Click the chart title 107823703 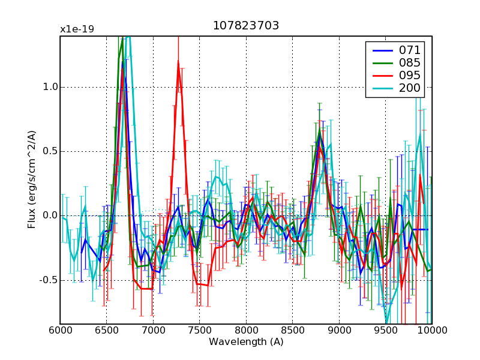[246, 26]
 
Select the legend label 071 [410, 50]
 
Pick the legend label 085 [410, 62]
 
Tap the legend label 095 [410, 76]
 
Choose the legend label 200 [410, 89]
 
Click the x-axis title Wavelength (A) [246, 342]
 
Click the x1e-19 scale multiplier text [77, 29]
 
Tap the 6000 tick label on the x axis [60, 331]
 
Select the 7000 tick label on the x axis [153, 331]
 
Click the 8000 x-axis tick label [246, 331]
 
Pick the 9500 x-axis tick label [385, 331]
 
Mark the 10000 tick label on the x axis [431, 331]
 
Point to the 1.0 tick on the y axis [50, 87]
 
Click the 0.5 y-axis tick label [50, 151]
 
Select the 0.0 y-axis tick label [50, 216]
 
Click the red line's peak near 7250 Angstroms [178, 61]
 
